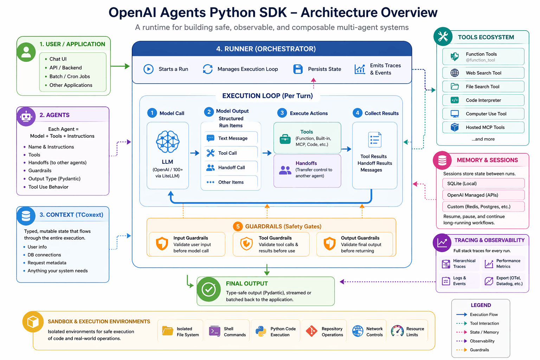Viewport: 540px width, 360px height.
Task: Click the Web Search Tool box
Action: pyautogui.click(x=483, y=73)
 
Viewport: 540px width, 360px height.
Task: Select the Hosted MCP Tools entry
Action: pyautogui.click(x=483, y=127)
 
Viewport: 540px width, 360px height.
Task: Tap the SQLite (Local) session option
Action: pyautogui.click(x=483, y=184)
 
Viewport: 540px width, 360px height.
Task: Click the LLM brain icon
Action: pyautogui.click(x=168, y=142)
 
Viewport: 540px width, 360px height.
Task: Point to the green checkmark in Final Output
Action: pyautogui.click(x=209, y=290)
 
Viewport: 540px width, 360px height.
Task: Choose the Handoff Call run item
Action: pyautogui.click(x=231, y=168)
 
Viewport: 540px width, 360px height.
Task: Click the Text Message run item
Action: pyautogui.click(x=231, y=138)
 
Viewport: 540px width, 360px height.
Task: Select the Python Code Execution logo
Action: pyautogui.click(x=261, y=331)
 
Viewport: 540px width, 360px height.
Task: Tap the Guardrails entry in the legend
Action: pyautogui.click(x=479, y=350)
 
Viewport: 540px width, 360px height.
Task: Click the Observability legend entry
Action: pyautogui.click(x=482, y=341)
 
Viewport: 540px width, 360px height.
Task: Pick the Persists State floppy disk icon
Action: pyautogui.click(x=298, y=69)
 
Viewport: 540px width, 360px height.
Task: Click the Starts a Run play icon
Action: pyautogui.click(x=148, y=69)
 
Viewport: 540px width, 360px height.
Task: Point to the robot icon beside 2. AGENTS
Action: pyautogui.click(x=26, y=116)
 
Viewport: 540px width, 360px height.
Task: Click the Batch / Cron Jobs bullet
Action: pyautogui.click(x=69, y=76)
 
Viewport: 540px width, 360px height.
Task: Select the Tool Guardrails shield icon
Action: pyautogui.click(x=246, y=244)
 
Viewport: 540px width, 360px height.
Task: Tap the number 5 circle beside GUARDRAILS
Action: pyautogui.click(x=238, y=226)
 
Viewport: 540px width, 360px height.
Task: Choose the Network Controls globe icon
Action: pyautogui.click(x=358, y=331)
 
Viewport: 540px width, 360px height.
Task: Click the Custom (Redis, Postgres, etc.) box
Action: pyautogui.click(x=483, y=207)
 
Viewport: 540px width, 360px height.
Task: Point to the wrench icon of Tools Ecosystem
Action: pyautogui.click(x=443, y=37)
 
